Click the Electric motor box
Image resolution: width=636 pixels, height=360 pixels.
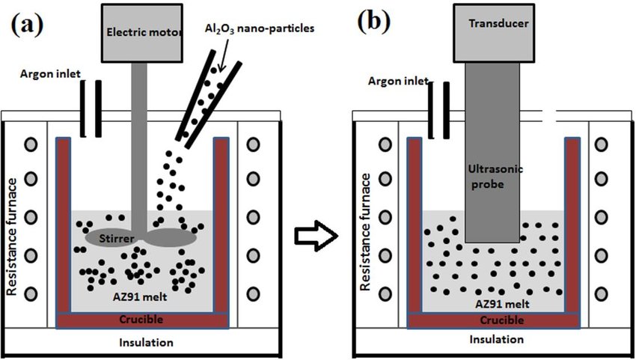141,33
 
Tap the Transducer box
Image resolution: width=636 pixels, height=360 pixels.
494,33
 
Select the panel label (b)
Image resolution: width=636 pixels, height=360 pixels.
373,22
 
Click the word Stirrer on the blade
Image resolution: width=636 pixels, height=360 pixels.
117,238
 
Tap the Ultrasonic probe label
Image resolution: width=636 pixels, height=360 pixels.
495,177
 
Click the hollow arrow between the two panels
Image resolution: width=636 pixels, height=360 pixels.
316,236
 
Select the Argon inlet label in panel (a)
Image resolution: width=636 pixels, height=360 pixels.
51,74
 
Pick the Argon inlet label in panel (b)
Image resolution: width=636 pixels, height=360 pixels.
398,81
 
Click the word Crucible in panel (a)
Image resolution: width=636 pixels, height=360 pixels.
141,320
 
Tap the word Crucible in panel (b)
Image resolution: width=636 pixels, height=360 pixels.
502,320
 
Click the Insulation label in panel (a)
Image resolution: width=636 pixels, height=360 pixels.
146,343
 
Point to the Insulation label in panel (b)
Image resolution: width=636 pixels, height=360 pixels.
497,339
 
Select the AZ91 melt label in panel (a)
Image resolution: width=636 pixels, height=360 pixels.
139,296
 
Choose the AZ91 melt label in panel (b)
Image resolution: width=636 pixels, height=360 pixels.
502,304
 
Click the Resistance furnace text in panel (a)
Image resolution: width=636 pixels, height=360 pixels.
12,237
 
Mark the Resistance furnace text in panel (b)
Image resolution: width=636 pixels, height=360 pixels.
365,232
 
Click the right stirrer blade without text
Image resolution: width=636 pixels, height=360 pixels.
170,237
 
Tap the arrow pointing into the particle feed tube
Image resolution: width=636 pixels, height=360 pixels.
223,54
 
